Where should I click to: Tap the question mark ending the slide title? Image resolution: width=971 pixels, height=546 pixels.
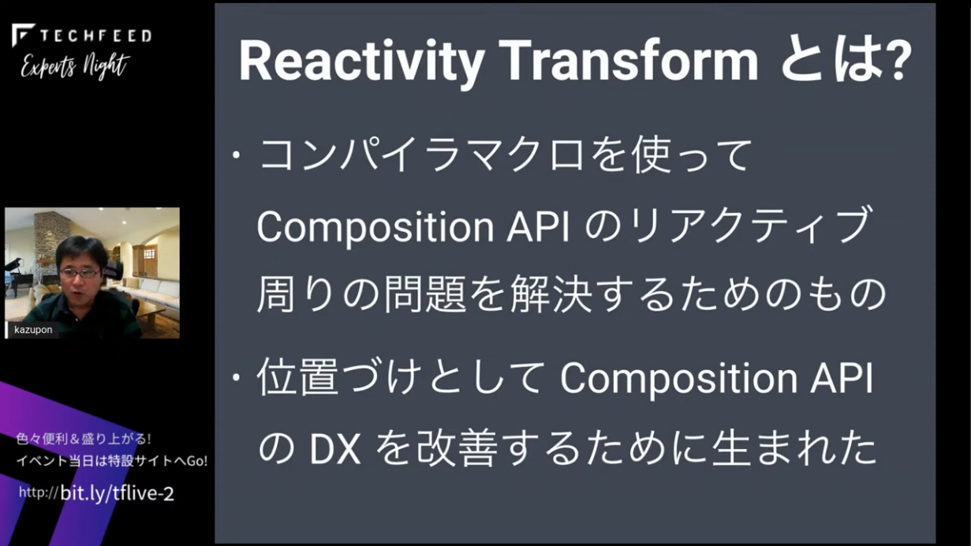coord(895,61)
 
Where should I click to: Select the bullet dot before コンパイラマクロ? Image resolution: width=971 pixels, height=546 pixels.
coord(237,155)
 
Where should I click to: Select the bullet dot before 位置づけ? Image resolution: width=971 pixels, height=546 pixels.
coord(237,378)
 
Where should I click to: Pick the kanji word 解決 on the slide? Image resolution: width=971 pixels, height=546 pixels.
coord(551,294)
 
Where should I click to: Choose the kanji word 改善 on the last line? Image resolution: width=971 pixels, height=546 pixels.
coord(457,449)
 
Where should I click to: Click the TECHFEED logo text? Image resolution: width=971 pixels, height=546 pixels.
coord(95,36)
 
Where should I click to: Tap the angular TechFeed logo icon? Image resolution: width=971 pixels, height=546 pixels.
coord(23,36)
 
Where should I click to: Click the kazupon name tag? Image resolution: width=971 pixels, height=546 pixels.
coord(33,330)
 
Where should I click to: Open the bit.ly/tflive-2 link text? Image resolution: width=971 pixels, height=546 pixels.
coord(117,494)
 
